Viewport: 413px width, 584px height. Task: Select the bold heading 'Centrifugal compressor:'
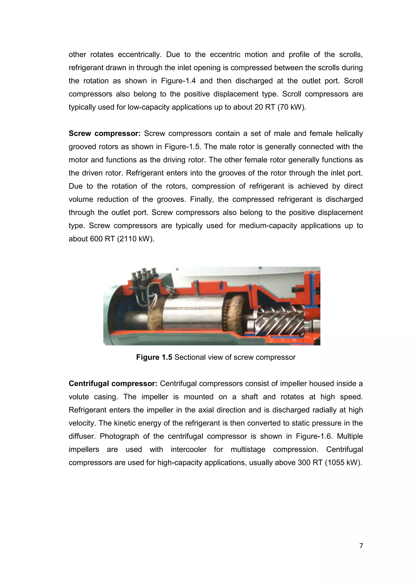pyautogui.click(x=113, y=384)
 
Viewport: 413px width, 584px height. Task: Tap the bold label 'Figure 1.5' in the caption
pyautogui.click(x=154, y=357)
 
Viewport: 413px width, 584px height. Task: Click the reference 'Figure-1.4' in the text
pyautogui.click(x=178, y=81)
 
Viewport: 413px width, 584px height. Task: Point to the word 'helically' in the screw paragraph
pyautogui.click(x=349, y=133)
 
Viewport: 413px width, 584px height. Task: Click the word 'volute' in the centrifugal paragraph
pyautogui.click(x=79, y=397)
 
